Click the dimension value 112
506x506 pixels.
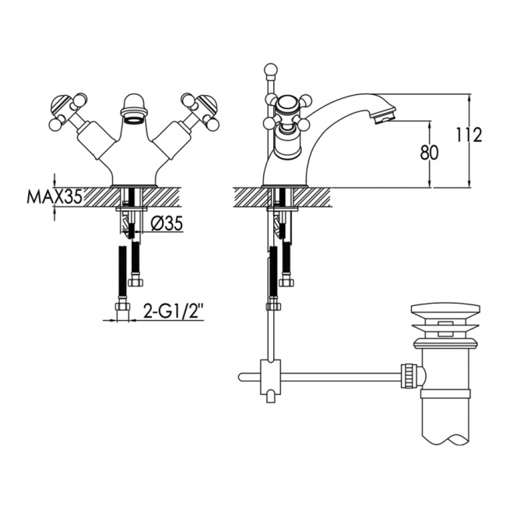pos(469,135)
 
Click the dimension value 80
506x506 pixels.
pos(429,153)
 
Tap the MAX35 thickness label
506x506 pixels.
pos(54,196)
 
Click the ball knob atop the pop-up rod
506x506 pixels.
pos(270,70)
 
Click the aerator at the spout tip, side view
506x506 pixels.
pos(385,117)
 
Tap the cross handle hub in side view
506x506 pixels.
pos(287,106)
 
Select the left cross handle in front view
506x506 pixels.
pos(69,111)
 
